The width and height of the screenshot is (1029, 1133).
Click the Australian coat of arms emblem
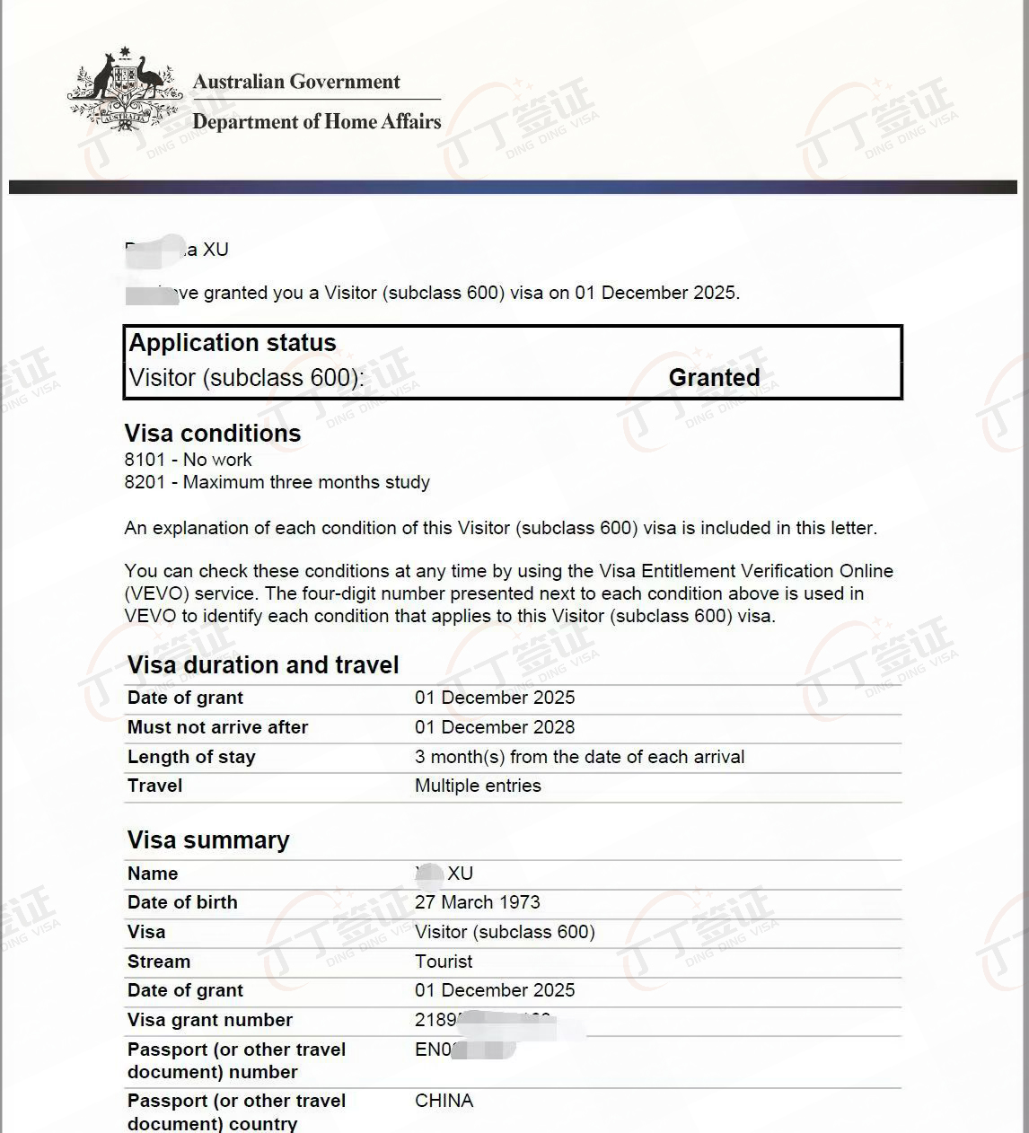pos(124,91)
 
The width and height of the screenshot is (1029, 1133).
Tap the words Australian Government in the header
pos(296,82)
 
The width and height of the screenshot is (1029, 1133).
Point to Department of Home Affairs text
pos(317,121)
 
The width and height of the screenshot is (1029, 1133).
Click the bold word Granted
pos(714,378)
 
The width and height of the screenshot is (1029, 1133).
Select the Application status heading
pos(233,343)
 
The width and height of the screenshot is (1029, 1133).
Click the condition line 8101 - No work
pos(189,460)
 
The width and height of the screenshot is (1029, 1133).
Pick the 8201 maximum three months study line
pos(277,482)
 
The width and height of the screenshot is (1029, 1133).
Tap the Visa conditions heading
pos(213,434)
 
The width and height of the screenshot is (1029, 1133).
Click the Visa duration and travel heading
pos(263,665)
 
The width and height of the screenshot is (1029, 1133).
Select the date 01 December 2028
pos(495,727)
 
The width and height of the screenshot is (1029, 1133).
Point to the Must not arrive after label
pos(217,727)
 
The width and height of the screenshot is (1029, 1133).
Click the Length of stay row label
pos(191,757)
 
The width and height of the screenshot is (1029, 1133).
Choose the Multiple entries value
pos(478,786)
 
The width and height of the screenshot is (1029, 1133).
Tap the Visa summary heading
pos(208,840)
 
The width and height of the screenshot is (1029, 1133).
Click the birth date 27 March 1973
pos(478,902)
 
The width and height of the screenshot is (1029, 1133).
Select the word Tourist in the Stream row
pos(444,962)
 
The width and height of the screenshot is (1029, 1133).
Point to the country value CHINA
pos(444,1101)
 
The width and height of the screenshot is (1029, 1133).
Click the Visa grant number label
pos(210,1020)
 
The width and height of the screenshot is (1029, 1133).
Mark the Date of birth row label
pos(182,902)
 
